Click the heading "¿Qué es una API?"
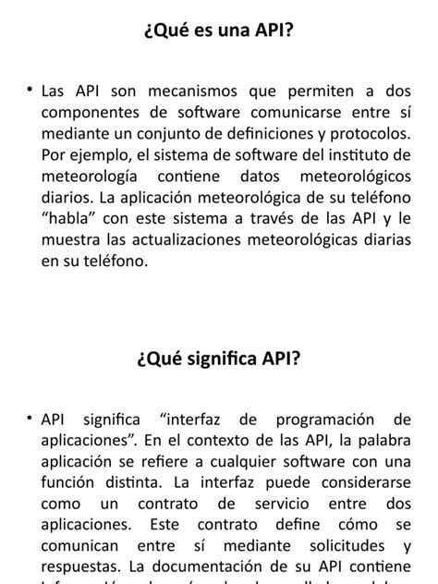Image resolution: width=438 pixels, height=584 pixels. [x=219, y=32]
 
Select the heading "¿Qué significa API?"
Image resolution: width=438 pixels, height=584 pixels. [x=219, y=359]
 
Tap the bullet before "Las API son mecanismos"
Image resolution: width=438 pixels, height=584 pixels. [x=30, y=91]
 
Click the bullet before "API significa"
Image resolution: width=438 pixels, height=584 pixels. [x=30, y=418]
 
